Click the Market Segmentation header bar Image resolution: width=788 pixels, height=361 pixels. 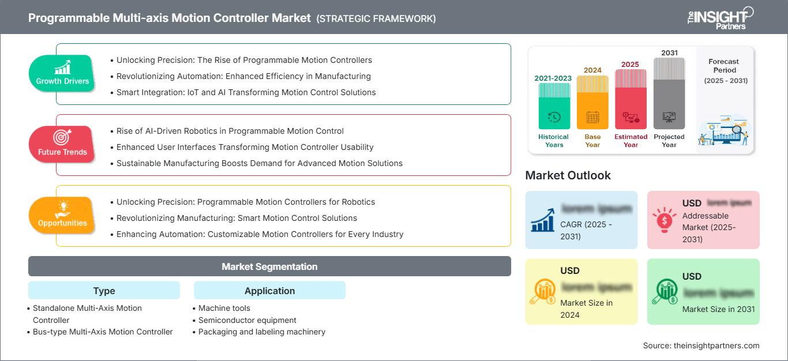pyautogui.click(x=269, y=266)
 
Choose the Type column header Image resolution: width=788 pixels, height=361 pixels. pyautogui.click(x=104, y=291)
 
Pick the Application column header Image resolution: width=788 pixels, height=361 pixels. pyautogui.click(x=269, y=291)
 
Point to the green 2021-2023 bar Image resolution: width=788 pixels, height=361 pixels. pyautogui.click(x=554, y=106)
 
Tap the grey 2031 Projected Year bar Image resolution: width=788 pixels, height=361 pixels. pyautogui.click(x=669, y=92)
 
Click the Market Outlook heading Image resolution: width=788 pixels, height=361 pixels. pyautogui.click(x=568, y=175)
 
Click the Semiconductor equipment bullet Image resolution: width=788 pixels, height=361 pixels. pyautogui.click(x=247, y=320)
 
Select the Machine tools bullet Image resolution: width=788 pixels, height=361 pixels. pyautogui.click(x=224, y=308)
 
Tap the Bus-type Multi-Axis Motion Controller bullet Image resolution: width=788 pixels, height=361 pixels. pyautogui.click(x=103, y=332)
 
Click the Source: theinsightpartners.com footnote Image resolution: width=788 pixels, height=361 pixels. pyautogui.click(x=701, y=345)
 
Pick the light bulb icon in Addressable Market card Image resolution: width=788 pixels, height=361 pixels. pyautogui.click(x=664, y=219)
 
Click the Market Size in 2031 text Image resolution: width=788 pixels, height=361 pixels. pyautogui.click(x=718, y=309)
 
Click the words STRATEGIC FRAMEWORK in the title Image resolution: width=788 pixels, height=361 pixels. pyautogui.click(x=376, y=18)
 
